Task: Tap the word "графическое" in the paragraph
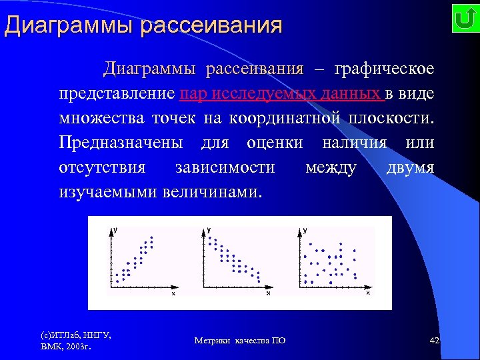(384, 69)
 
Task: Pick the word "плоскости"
(389, 119)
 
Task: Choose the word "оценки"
(275, 143)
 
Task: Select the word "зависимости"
(225, 168)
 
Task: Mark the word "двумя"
(410, 168)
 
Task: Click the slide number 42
(435, 341)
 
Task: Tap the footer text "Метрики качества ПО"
(240, 341)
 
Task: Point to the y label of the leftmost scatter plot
(115, 229)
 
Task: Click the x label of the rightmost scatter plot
(367, 292)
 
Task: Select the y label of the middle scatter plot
(209, 229)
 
